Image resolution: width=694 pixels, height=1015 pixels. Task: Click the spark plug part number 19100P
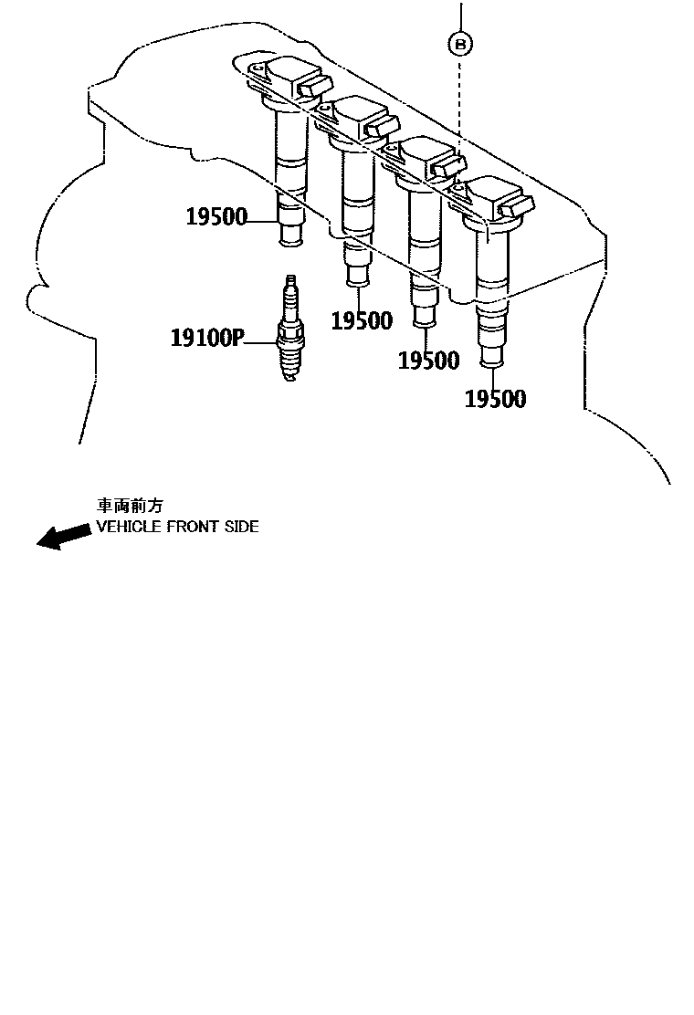pyautogui.click(x=207, y=339)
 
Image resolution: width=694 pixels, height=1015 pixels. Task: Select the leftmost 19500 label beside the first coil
pyautogui.click(x=216, y=217)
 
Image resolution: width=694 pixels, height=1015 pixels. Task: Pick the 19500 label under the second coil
pyautogui.click(x=362, y=320)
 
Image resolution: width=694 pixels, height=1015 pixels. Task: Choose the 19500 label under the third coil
pyautogui.click(x=428, y=361)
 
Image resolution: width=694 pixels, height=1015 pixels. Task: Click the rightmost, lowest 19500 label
pyautogui.click(x=496, y=399)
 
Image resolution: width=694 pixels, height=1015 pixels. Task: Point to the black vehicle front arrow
pyautogui.click(x=63, y=537)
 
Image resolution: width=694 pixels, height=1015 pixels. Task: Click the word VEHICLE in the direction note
pyautogui.click(x=129, y=527)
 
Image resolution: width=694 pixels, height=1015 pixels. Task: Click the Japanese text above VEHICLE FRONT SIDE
pyautogui.click(x=131, y=505)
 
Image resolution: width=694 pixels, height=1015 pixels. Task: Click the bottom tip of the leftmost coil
pyautogui.click(x=290, y=241)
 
